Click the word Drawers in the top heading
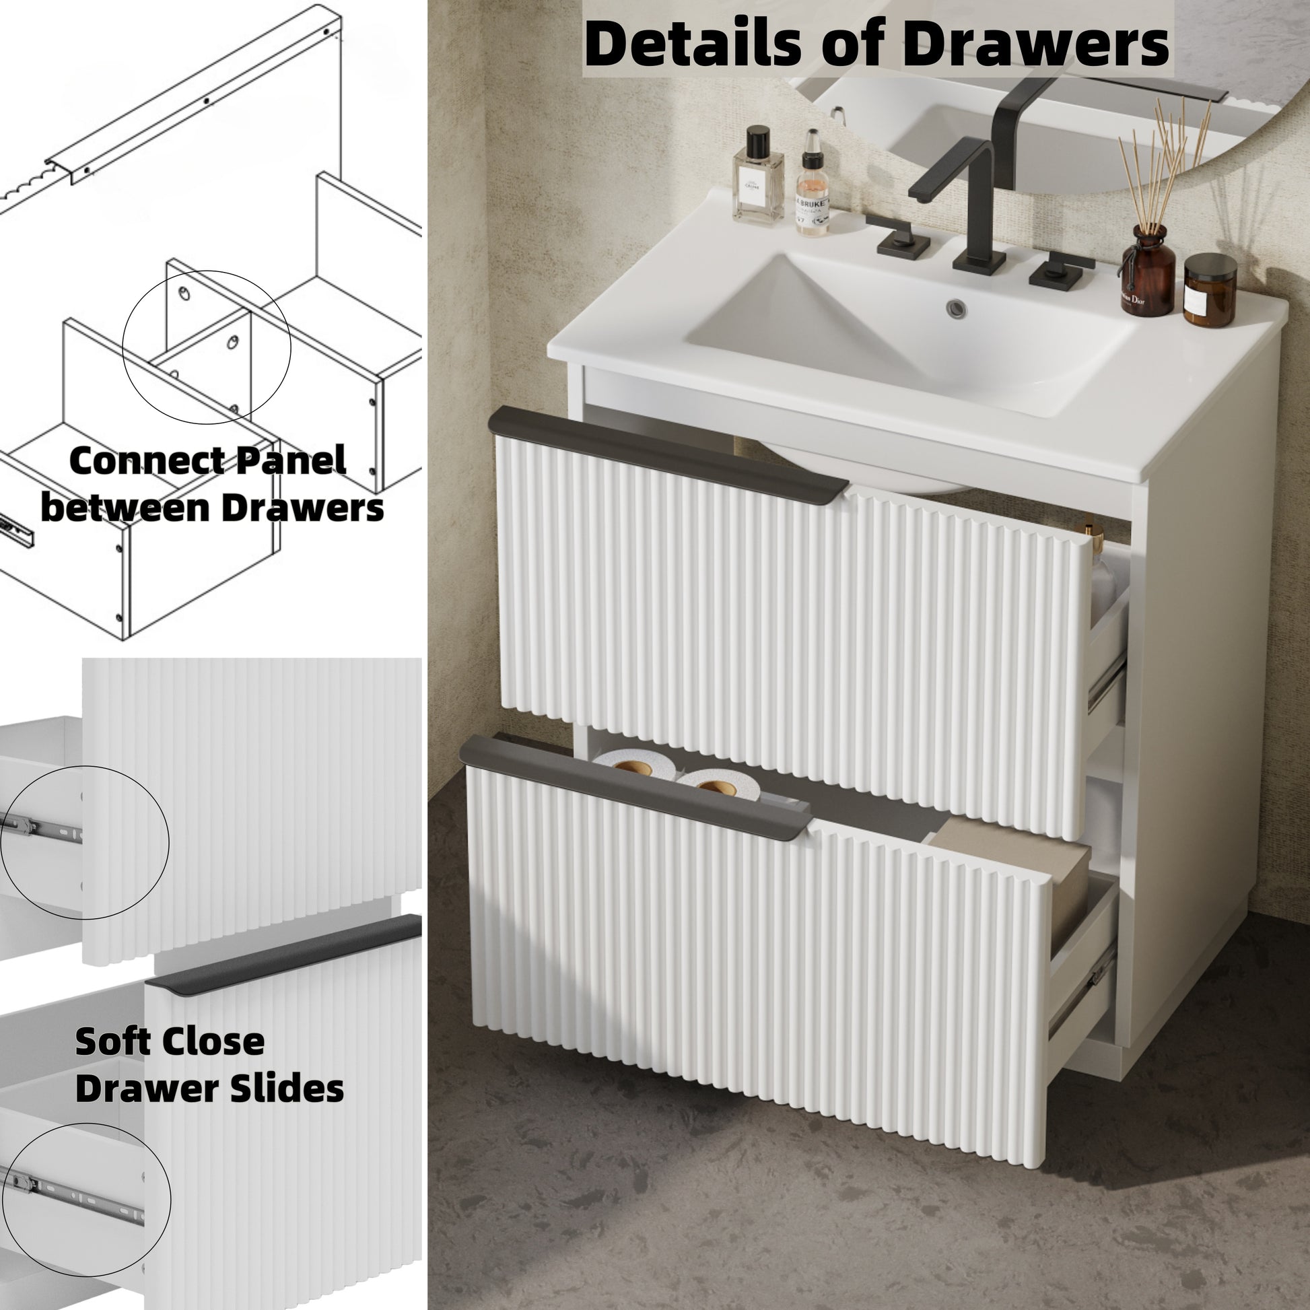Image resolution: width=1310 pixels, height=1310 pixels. tap(1036, 44)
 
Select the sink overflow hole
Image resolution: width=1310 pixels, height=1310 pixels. tap(957, 308)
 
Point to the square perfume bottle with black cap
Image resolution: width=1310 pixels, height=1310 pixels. tap(757, 176)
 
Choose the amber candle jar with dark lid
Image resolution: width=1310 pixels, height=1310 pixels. tap(1210, 290)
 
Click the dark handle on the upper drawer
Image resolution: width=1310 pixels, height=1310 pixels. tap(668, 454)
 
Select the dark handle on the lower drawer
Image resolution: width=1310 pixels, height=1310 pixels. tap(636, 787)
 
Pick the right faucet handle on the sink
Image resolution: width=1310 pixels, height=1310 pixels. tap(1059, 271)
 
